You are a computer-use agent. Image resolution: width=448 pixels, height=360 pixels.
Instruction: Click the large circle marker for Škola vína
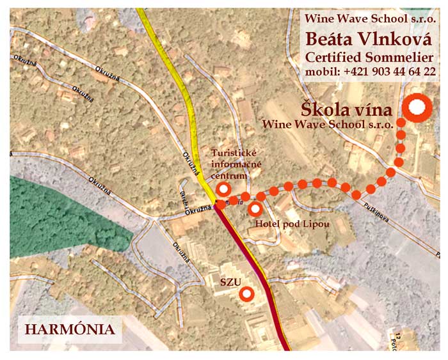pos(417,109)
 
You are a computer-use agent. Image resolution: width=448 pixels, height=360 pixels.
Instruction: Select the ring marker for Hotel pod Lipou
pos(255,208)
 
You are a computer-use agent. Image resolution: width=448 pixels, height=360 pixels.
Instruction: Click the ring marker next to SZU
pos(246,293)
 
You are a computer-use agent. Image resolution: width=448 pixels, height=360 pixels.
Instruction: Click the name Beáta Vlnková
pos(369,38)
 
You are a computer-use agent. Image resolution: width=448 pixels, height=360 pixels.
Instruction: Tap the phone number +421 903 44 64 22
pos(389,72)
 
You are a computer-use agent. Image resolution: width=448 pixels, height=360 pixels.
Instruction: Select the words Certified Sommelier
pos(369,56)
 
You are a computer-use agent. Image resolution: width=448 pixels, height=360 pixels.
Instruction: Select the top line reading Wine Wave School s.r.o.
pos(370,19)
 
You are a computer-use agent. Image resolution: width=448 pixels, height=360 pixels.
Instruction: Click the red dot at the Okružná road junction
pos(220,205)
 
